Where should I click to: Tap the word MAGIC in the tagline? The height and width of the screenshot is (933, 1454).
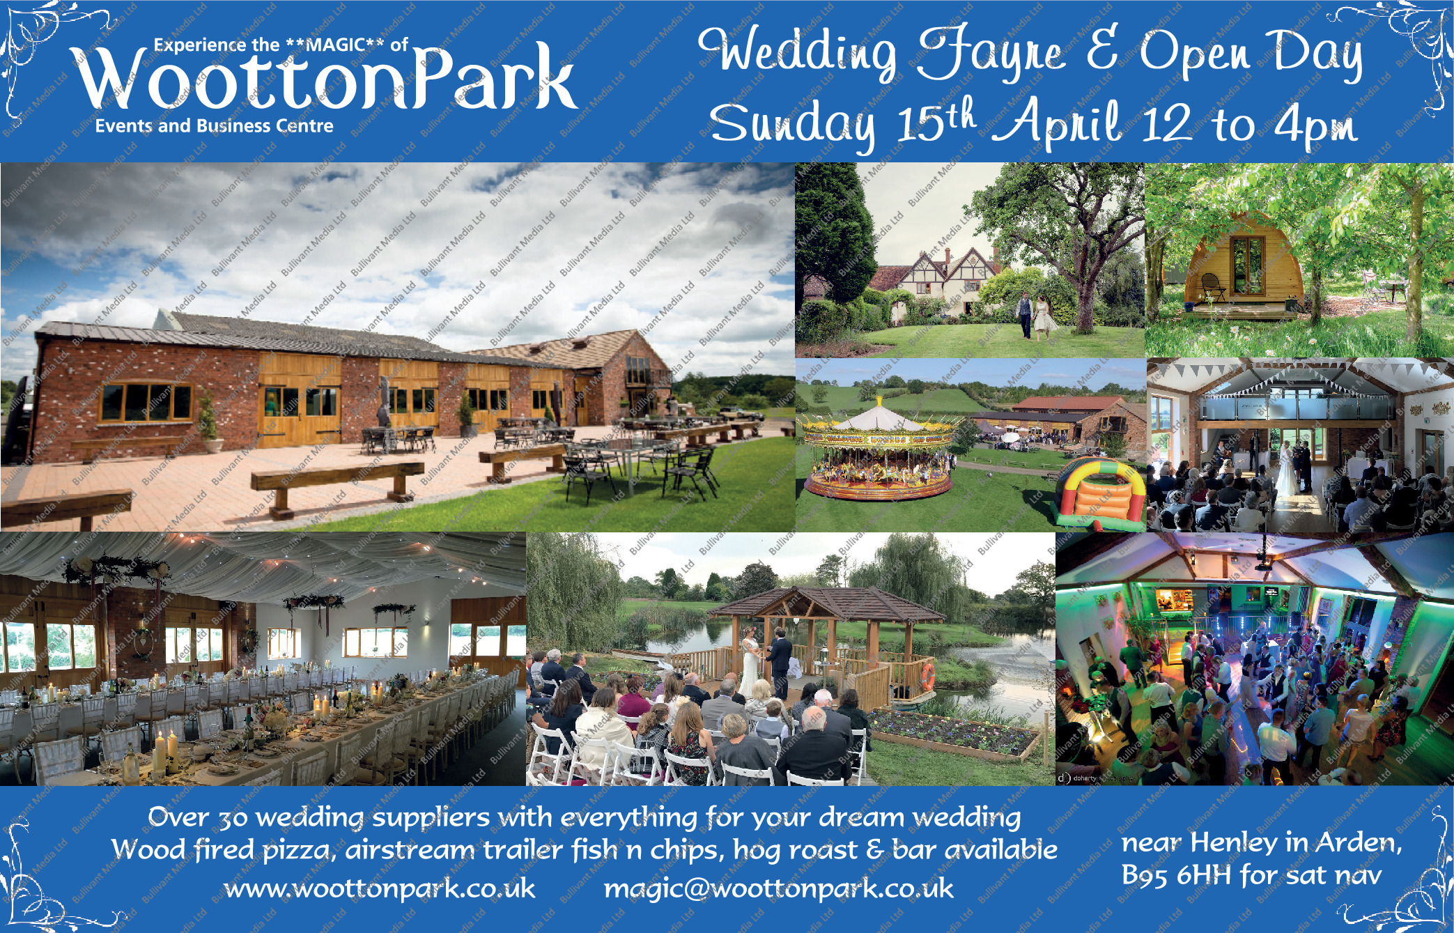[x=336, y=45]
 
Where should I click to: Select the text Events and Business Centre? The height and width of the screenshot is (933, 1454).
[x=215, y=126]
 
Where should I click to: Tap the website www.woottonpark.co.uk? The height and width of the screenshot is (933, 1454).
[x=380, y=888]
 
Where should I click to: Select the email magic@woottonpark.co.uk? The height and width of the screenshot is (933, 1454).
[x=778, y=888]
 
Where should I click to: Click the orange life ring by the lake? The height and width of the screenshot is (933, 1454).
[x=927, y=676]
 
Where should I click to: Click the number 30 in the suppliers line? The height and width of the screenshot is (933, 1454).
[x=232, y=818]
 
